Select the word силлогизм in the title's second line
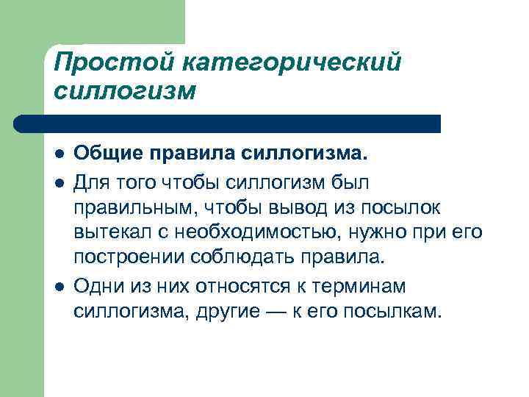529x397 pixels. click(x=126, y=92)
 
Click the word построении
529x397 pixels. click(x=130, y=260)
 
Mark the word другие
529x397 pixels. click(x=226, y=312)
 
